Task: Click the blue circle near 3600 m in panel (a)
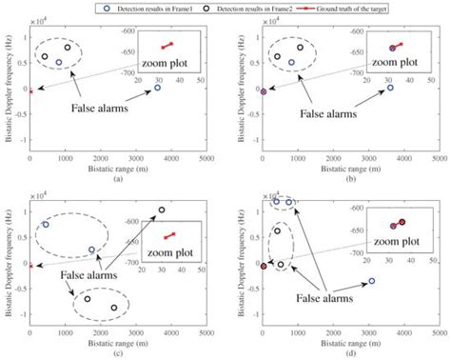[158, 88]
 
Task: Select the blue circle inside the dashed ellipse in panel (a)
[58, 63]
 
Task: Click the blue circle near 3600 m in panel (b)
[390, 88]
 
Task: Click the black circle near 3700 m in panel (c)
[161, 210]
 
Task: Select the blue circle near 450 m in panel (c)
[45, 224]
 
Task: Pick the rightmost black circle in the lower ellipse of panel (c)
[114, 308]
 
